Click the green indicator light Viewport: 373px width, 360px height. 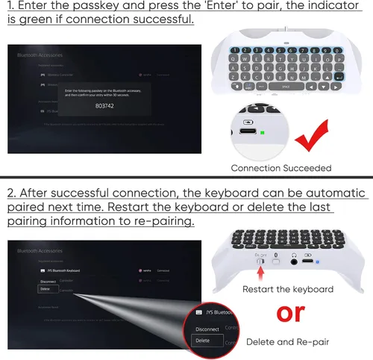click(262, 134)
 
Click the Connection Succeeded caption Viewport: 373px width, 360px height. click(280, 168)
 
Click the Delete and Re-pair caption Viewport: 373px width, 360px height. click(281, 341)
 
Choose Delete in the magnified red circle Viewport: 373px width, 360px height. click(202, 340)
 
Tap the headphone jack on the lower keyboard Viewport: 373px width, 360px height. click(297, 261)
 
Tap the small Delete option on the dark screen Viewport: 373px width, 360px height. click(46, 288)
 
